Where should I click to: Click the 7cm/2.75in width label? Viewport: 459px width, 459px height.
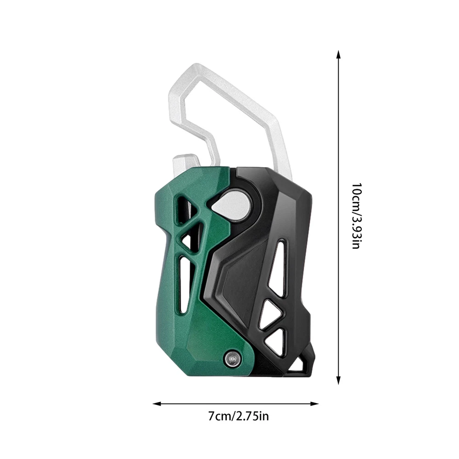tap(238, 416)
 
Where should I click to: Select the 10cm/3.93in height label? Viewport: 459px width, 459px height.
tap(356, 216)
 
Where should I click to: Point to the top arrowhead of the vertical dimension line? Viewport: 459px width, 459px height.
tap(338, 55)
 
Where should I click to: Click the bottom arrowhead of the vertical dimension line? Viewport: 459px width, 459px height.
tap(338, 380)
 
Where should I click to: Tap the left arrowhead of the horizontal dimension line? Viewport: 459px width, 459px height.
tap(157, 404)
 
